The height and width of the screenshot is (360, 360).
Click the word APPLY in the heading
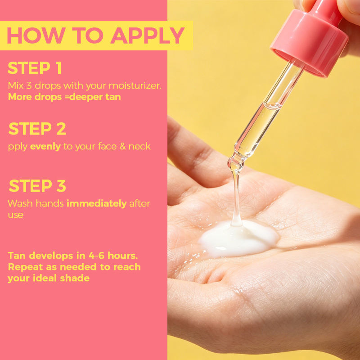[x=148, y=36]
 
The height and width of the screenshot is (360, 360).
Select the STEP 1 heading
[x=35, y=68]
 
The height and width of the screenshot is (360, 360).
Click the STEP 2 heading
[x=37, y=129]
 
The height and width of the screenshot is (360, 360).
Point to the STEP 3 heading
[x=37, y=186]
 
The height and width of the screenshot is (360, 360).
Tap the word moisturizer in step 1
[x=135, y=85]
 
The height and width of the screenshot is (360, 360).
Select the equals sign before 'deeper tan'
[x=67, y=97]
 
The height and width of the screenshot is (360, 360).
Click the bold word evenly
[x=45, y=147]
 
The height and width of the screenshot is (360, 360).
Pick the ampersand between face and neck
[x=122, y=147]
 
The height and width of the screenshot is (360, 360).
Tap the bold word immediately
[x=97, y=204]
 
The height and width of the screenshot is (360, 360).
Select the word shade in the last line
[x=75, y=278]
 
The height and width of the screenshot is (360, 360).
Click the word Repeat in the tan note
[x=26, y=267]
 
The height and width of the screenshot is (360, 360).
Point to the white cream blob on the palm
[x=239, y=239]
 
